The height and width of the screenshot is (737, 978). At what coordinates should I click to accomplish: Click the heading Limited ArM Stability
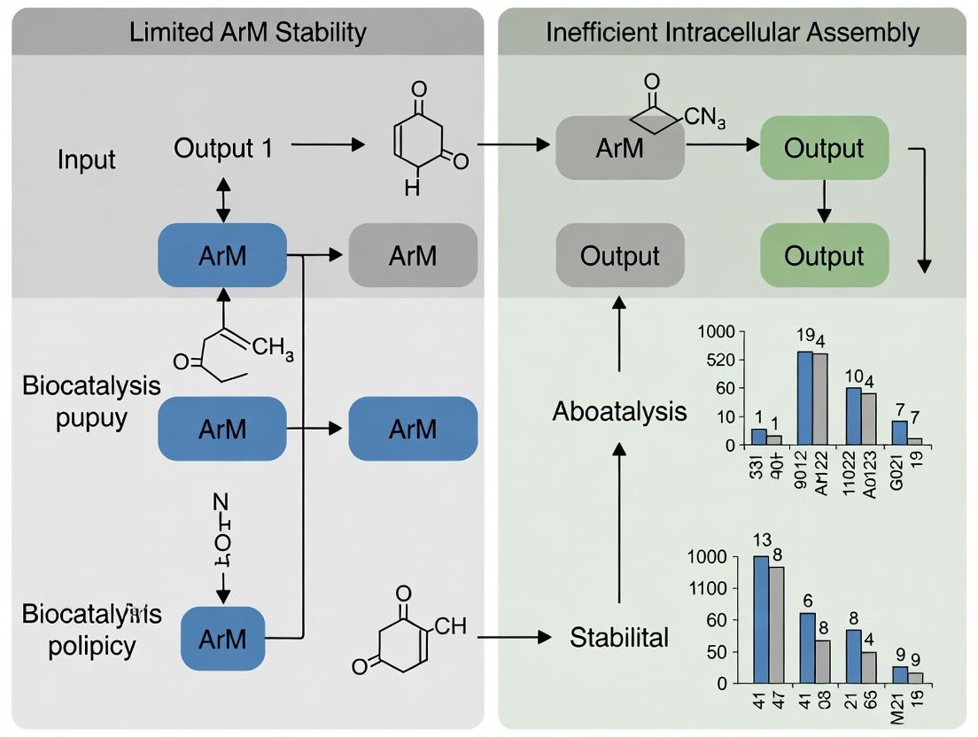pyautogui.click(x=247, y=33)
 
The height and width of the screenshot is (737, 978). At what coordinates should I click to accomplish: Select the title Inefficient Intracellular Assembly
pyautogui.click(x=732, y=33)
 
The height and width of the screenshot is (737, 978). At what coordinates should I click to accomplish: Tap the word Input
pyautogui.click(x=86, y=161)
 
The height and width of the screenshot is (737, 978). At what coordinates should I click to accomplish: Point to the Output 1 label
pyautogui.click(x=222, y=147)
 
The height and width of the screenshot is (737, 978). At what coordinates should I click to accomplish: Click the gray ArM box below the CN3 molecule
pyautogui.click(x=619, y=148)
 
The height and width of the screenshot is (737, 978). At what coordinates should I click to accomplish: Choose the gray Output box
pyautogui.click(x=619, y=255)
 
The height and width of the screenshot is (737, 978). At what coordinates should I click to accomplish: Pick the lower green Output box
pyautogui.click(x=824, y=255)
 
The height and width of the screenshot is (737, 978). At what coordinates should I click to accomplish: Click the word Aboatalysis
pyautogui.click(x=619, y=411)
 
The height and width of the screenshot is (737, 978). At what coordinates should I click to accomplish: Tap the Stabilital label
pyautogui.click(x=619, y=636)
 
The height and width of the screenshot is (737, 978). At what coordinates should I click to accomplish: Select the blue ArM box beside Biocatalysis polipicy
pyautogui.click(x=222, y=637)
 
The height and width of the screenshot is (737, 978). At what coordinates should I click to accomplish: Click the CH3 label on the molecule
pyautogui.click(x=272, y=346)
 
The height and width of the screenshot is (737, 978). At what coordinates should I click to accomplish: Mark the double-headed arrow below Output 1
pyautogui.click(x=222, y=198)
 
